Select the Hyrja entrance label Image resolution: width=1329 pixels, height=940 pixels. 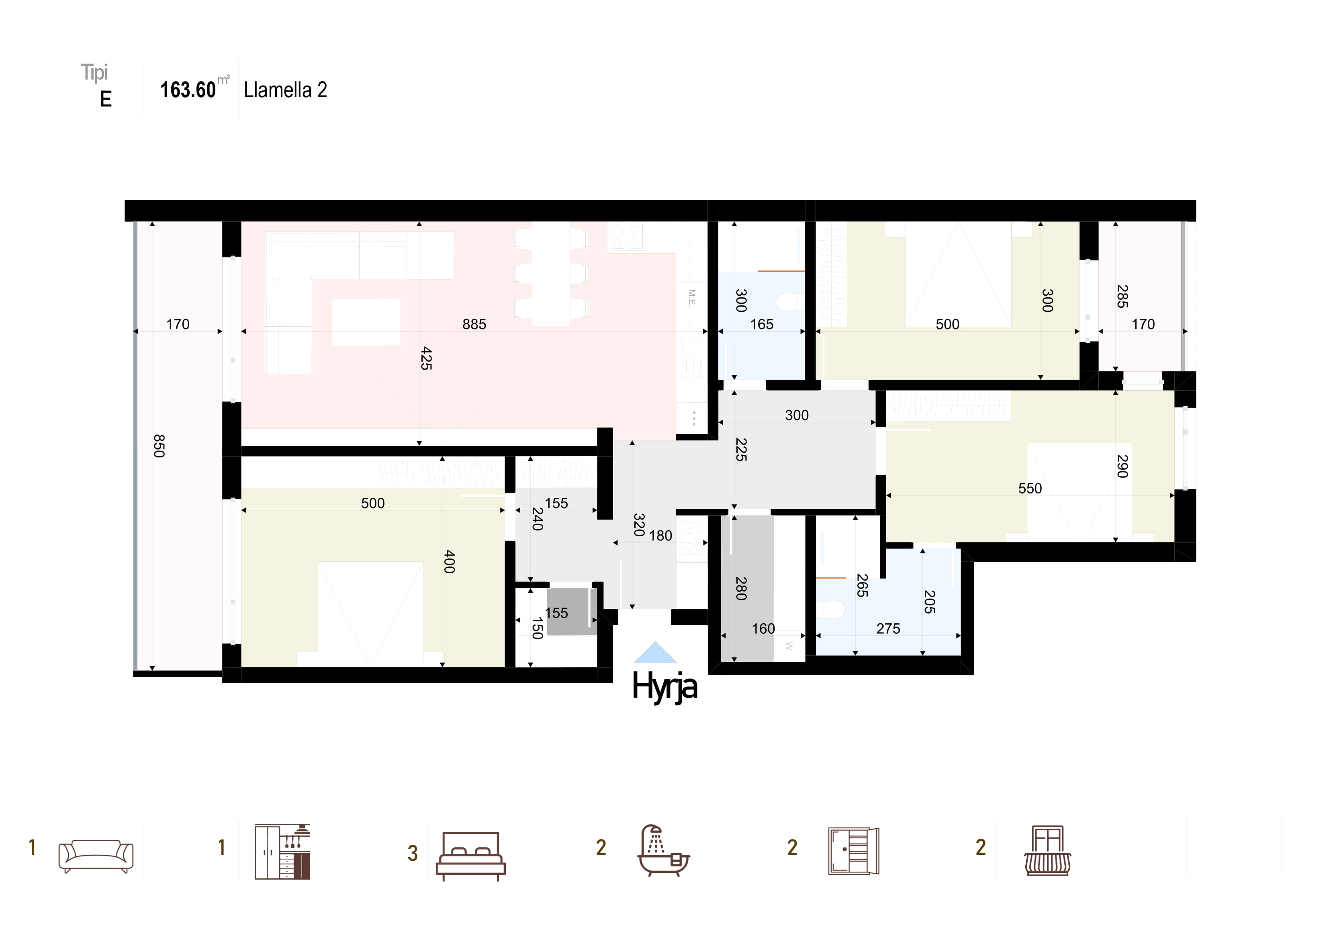(x=664, y=687)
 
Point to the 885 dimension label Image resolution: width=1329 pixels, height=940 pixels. (x=474, y=324)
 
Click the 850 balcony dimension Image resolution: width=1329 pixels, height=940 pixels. (x=159, y=446)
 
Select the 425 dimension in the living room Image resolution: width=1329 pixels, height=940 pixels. (x=426, y=358)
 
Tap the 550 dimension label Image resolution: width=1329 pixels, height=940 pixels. (x=1030, y=488)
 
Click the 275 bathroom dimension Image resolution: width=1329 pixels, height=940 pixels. (x=888, y=629)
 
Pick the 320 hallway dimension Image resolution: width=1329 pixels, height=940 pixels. (x=639, y=525)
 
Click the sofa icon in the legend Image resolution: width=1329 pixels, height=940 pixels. (x=96, y=856)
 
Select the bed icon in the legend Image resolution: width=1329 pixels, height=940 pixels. (x=470, y=856)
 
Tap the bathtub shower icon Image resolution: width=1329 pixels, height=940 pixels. (x=664, y=850)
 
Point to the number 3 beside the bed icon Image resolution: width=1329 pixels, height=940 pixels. (x=412, y=853)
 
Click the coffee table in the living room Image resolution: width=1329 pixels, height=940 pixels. (x=366, y=322)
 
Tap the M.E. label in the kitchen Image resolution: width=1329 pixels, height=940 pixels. (x=692, y=298)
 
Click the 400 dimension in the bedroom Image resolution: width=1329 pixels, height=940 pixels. (x=449, y=562)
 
